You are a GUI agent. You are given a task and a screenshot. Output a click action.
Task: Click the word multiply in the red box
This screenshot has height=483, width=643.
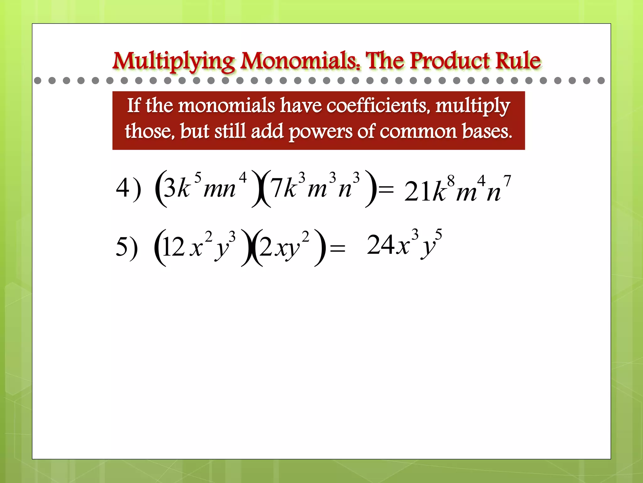pos(473,106)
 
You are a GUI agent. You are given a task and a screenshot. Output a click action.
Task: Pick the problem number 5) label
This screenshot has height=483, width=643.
pos(127,247)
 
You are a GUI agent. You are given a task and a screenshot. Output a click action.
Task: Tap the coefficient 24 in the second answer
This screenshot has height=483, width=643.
pos(381,245)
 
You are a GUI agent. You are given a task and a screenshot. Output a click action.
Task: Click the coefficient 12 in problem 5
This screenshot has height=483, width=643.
pos(174,247)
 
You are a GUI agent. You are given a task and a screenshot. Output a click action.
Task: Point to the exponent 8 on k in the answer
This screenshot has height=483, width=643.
pos(451,181)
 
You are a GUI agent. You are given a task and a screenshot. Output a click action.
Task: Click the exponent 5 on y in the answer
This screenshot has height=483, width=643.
pos(438,234)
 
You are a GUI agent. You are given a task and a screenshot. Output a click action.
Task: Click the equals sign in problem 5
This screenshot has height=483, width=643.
pos(338,248)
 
